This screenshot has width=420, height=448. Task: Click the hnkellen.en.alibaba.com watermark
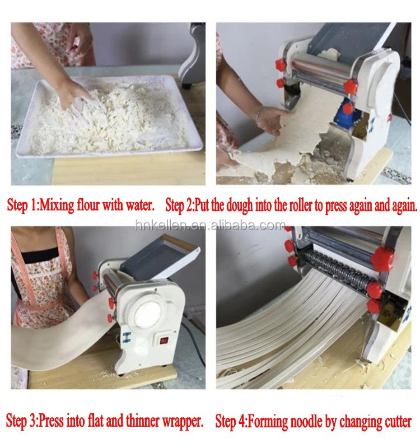[210, 225]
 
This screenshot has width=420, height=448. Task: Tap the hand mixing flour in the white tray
[76, 92]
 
